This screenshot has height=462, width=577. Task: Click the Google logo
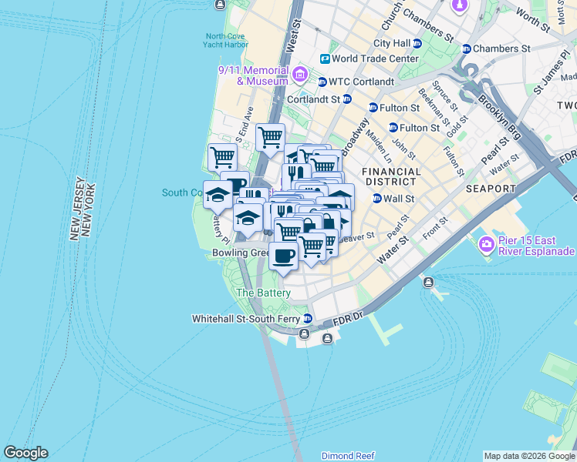25,453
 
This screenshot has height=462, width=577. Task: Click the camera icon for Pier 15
486,245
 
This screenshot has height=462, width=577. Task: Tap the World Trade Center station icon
325,59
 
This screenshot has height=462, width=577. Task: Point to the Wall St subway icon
377,199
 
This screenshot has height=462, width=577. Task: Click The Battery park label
263,293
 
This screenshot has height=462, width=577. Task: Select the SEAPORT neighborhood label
490,189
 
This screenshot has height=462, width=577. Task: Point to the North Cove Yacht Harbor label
227,40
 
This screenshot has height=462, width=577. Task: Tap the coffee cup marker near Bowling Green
283,257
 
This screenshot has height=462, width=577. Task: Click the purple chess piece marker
460,6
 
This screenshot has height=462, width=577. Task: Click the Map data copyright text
528,456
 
